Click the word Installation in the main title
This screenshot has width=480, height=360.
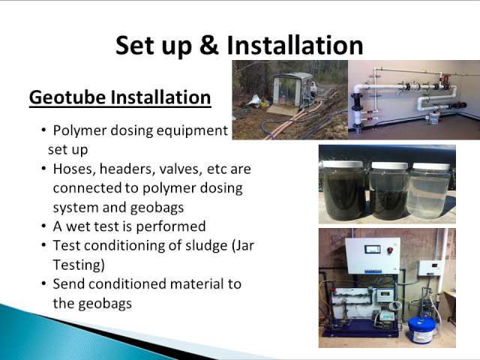pos(295,45)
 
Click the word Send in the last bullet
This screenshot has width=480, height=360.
pos(68,283)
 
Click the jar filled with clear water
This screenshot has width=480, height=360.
pos(428,190)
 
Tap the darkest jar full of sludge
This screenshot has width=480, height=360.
pos(343,190)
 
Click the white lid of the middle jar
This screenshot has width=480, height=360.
pos(389,166)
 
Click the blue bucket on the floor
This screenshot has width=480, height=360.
pos(421,331)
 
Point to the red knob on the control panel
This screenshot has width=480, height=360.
pos(390,250)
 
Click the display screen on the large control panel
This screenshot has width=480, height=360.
pos(373,249)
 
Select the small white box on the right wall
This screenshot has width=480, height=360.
pos(430,268)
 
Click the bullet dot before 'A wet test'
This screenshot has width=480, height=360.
pos(44,226)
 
